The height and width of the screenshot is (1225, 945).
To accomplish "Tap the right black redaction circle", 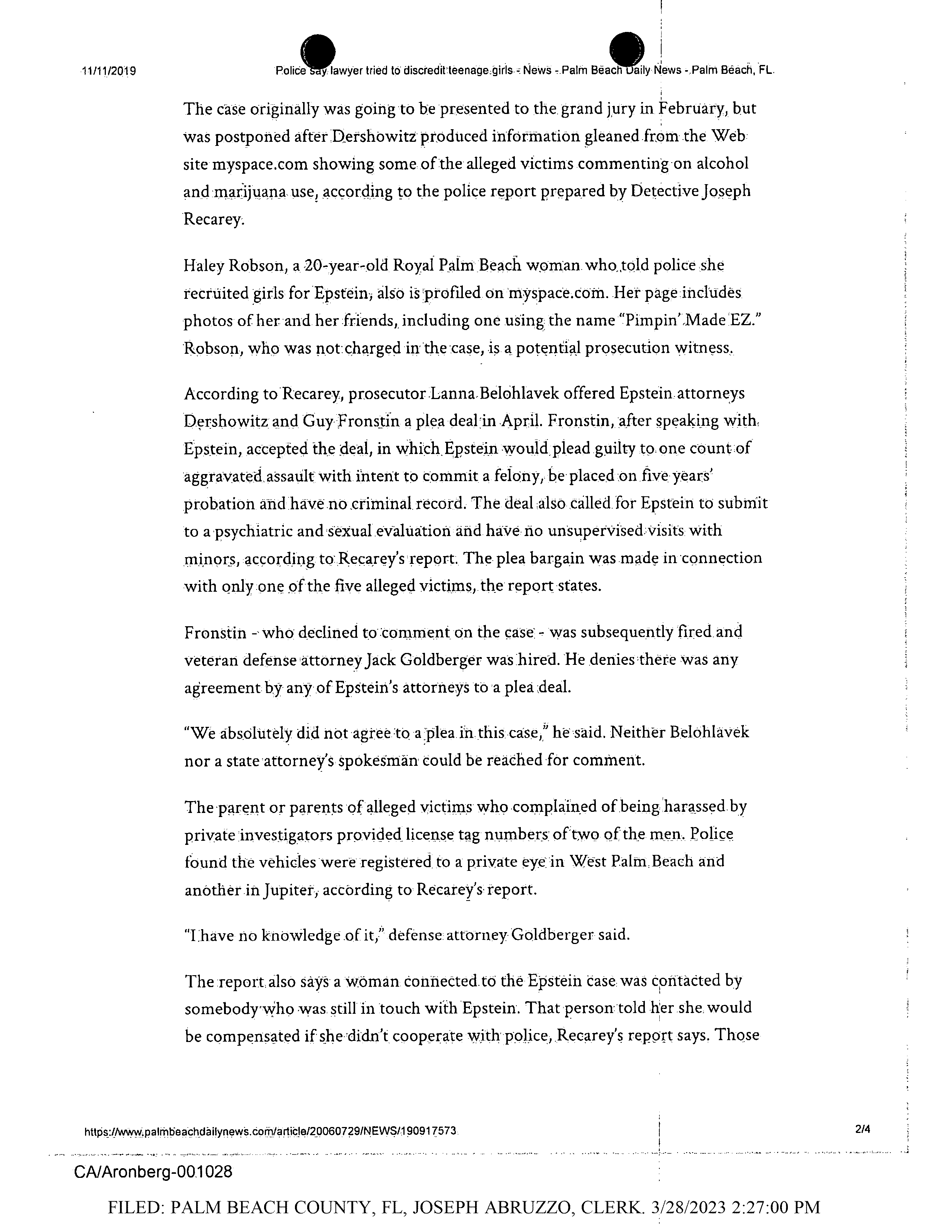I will click(x=626, y=49).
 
